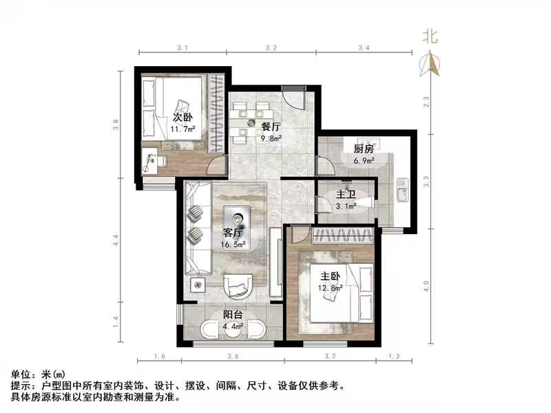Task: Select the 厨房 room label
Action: (364, 149)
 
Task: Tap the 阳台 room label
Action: (232, 315)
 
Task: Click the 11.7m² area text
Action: (183, 128)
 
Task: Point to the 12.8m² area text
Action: (331, 289)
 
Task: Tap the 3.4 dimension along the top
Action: (364, 47)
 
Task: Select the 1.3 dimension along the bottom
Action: (394, 356)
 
